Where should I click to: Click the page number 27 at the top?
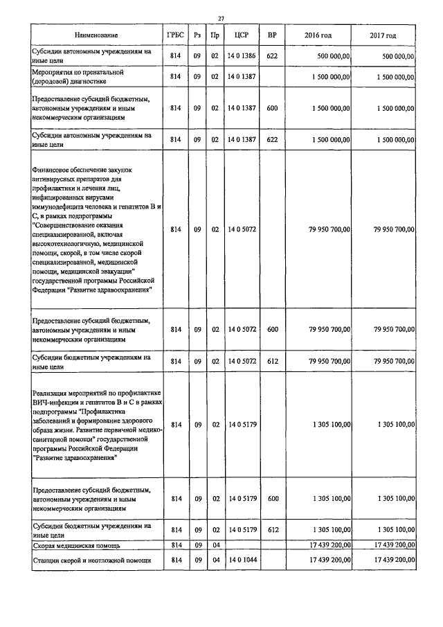(x=221, y=19)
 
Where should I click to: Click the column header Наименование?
(x=97, y=35)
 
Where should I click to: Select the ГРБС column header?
(x=176, y=35)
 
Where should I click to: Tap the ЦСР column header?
(x=242, y=35)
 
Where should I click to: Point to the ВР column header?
(x=271, y=35)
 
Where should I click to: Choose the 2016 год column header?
(x=318, y=35)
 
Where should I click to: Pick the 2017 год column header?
(x=383, y=35)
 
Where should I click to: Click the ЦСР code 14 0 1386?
(x=242, y=55)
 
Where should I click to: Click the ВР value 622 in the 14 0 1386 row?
(x=271, y=55)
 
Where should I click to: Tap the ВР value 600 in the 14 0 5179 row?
(x=271, y=499)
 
